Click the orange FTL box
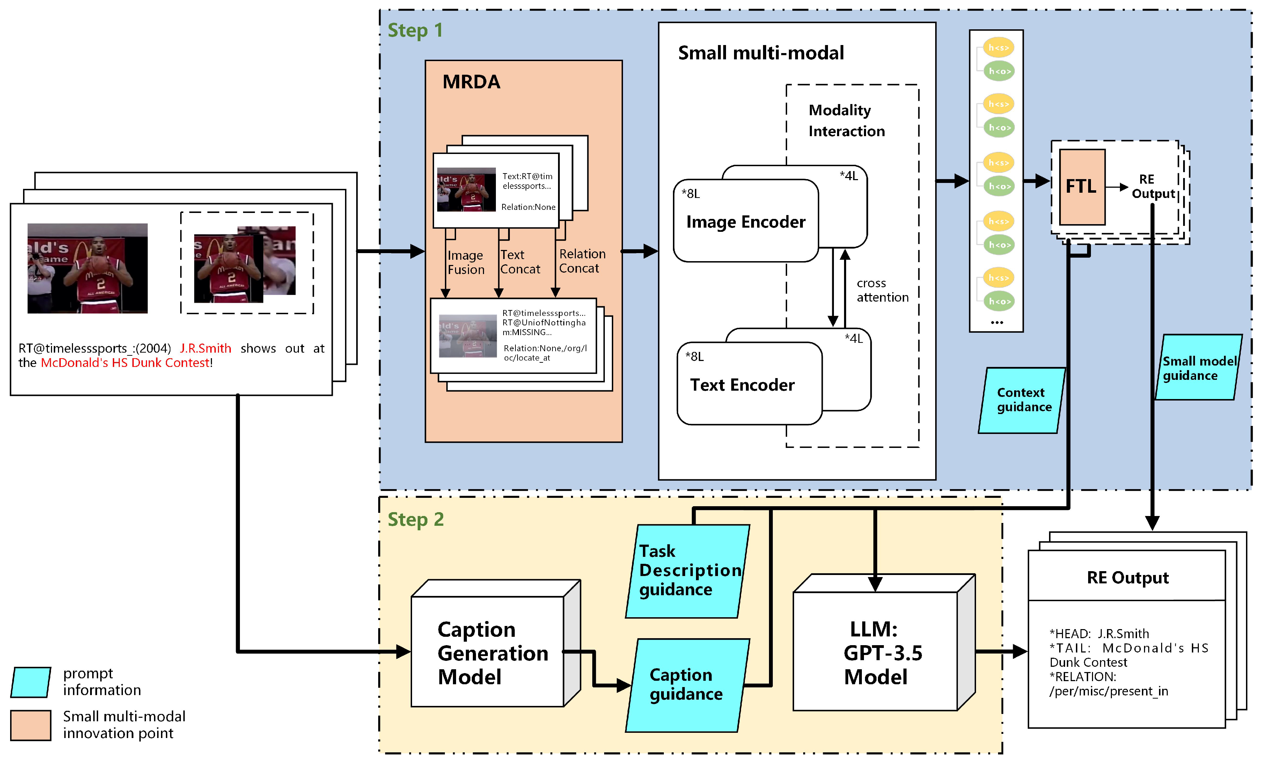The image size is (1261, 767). (1082, 187)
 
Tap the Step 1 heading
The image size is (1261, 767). (415, 31)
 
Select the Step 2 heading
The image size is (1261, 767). (415, 519)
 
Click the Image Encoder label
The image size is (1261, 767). (745, 222)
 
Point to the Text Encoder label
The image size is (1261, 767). (742, 385)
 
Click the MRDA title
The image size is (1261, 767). (471, 82)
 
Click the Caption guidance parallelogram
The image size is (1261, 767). (686, 685)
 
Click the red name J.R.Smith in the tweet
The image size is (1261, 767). (205, 348)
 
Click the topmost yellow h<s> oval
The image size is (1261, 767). (998, 47)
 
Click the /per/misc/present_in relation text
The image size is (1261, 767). (1108, 691)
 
